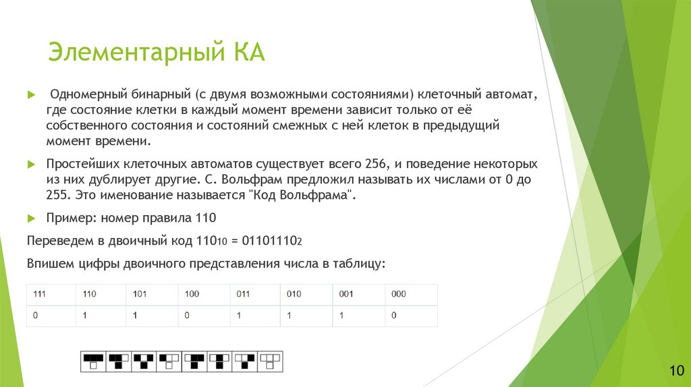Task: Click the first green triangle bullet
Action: coord(30,94)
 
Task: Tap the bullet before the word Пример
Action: coord(30,218)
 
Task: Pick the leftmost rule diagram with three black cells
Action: coord(93,361)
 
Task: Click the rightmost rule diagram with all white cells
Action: coord(271,361)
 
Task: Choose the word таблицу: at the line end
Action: coord(360,263)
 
